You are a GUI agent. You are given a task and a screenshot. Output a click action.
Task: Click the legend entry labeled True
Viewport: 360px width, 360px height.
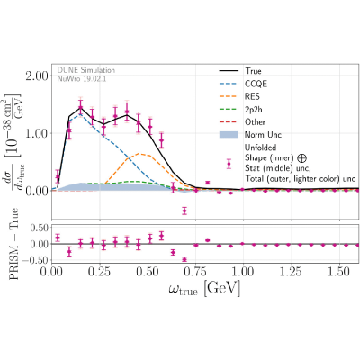(x=253, y=71)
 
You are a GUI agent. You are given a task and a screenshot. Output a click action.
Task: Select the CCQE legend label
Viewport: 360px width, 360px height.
(x=256, y=84)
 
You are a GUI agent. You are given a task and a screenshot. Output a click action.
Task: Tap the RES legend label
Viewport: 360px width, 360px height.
(x=252, y=96)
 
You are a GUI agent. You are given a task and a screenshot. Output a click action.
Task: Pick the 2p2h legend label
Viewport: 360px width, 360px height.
(x=254, y=110)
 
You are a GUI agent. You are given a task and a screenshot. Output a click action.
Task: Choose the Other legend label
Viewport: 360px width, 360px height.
(x=256, y=122)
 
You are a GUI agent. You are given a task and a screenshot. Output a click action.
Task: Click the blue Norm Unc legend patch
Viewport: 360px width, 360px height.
(x=229, y=135)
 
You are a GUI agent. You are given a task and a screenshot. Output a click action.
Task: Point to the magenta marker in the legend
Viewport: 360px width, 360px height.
(x=229, y=164)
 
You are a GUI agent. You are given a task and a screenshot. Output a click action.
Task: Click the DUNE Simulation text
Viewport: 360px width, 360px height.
(x=86, y=70)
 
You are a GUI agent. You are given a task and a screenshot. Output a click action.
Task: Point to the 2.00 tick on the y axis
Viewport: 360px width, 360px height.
(x=37, y=76)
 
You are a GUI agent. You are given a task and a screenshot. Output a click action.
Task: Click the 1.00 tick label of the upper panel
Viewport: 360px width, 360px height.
(x=37, y=133)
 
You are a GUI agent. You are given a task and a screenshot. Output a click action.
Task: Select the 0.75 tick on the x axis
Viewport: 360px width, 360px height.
(x=196, y=272)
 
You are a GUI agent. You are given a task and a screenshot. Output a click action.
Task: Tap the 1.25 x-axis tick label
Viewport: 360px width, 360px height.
(x=292, y=272)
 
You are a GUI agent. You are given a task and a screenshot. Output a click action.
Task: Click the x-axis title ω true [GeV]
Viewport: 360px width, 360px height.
(x=204, y=289)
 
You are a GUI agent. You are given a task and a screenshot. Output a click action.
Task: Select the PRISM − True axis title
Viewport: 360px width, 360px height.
(x=13, y=244)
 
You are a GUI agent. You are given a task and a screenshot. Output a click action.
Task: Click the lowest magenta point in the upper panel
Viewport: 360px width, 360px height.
(x=184, y=211)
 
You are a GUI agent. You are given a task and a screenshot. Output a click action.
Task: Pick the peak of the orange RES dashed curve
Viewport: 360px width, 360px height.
(x=139, y=154)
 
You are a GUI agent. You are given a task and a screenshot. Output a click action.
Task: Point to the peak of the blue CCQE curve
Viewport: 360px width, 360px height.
(x=79, y=114)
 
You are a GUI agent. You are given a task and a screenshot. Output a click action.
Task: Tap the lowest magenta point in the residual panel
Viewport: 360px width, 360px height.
(x=184, y=259)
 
